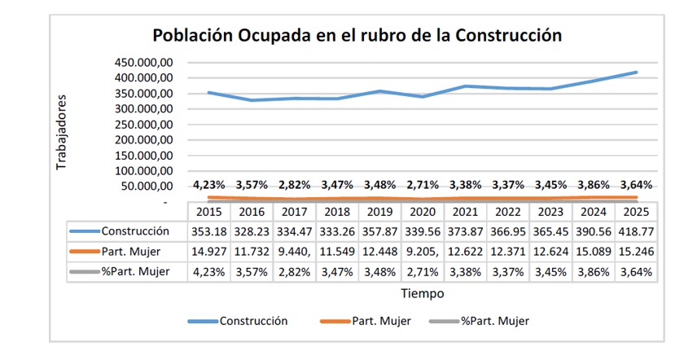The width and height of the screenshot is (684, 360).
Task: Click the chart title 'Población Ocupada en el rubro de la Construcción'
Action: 357,35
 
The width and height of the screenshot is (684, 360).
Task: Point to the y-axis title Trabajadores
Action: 61,132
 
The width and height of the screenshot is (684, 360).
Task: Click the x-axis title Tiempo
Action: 423,294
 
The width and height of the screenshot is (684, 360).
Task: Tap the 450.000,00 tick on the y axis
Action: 144,63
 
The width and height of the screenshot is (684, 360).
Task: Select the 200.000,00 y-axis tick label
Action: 144,140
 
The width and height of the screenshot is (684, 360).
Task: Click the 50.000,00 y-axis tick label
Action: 147,187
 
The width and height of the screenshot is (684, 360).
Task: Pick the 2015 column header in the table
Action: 209,212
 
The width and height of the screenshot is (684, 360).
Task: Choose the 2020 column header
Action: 423,212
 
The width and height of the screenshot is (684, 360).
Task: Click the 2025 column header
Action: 636,212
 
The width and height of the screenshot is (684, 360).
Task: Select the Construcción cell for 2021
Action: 465,231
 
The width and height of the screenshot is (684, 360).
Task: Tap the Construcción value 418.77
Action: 636,231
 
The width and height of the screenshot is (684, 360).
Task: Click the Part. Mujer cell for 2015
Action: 209,252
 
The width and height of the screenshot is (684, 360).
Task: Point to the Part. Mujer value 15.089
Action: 594,252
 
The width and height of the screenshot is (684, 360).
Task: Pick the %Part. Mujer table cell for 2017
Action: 295,272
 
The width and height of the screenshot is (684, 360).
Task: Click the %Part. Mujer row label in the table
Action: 135,272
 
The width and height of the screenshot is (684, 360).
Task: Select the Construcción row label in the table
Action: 135,231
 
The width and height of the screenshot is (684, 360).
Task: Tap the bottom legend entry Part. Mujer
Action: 381,322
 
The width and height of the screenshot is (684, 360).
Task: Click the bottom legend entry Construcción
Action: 253,322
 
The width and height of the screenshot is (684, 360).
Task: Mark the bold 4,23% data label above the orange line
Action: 209,185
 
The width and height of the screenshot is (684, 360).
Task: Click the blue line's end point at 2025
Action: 636,72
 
